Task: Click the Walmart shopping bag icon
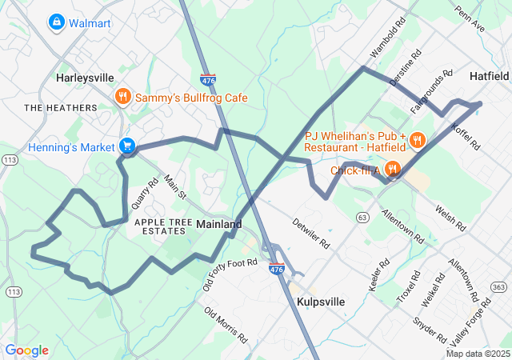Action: pos(57,22)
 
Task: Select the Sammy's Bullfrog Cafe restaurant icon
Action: pos(122,98)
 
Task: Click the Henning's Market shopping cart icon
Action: pos(126,146)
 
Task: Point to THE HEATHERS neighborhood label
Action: pos(60,107)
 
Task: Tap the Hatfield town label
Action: pos(489,76)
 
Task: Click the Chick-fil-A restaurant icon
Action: pos(392,170)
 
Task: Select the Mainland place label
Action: pos(218,225)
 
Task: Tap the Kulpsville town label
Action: pos(320,302)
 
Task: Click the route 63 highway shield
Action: pos(362,217)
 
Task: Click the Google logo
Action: pos(27,350)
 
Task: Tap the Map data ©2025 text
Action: pos(477,354)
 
